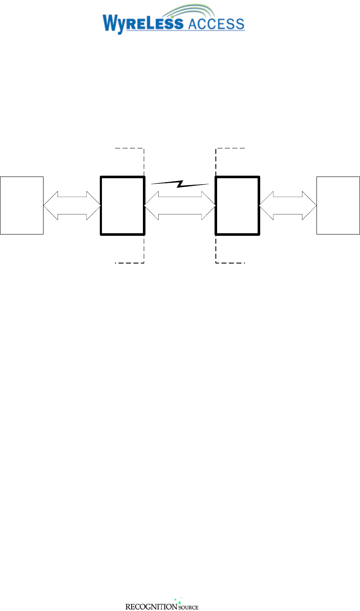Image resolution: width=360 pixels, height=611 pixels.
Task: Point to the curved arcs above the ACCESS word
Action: [205, 11]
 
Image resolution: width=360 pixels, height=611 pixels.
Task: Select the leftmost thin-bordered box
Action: [22, 205]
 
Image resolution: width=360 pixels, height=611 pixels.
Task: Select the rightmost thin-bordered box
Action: [338, 205]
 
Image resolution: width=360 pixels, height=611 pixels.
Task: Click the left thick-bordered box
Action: [122, 205]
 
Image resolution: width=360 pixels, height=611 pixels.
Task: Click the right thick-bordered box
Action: [237, 205]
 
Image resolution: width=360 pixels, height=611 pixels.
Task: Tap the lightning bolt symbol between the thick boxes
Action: [180, 184]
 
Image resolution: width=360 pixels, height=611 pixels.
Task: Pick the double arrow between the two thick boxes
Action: [180, 206]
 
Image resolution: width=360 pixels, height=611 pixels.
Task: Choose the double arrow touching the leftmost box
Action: [72, 206]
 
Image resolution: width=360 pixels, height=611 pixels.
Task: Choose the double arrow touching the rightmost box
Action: [287, 206]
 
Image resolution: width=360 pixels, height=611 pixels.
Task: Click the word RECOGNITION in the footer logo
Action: [151, 606]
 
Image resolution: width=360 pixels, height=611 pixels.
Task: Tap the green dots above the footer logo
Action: [178, 600]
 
